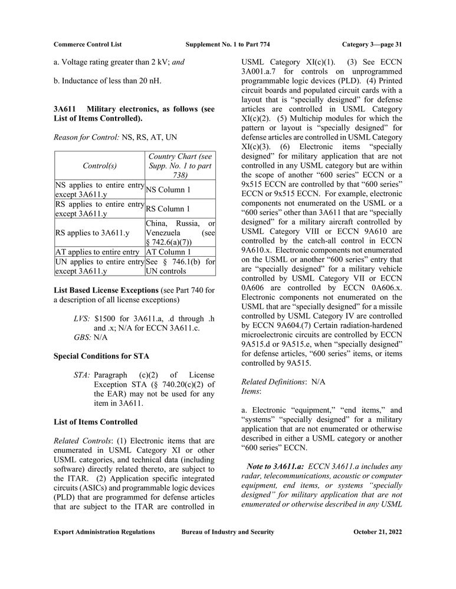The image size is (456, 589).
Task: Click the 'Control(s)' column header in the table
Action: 99,166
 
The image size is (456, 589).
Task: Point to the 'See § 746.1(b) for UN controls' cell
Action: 180,266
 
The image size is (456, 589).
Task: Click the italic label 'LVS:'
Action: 82,318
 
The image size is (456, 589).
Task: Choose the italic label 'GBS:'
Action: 83,337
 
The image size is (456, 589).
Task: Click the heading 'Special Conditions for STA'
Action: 101,356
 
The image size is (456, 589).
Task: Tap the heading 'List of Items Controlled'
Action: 96,422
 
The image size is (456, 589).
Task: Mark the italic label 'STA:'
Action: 82,375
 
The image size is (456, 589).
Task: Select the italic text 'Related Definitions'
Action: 273,382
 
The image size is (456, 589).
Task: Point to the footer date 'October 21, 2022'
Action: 378,532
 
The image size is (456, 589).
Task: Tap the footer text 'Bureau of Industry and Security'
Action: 228,532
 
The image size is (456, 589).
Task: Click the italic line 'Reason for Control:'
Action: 87,137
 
